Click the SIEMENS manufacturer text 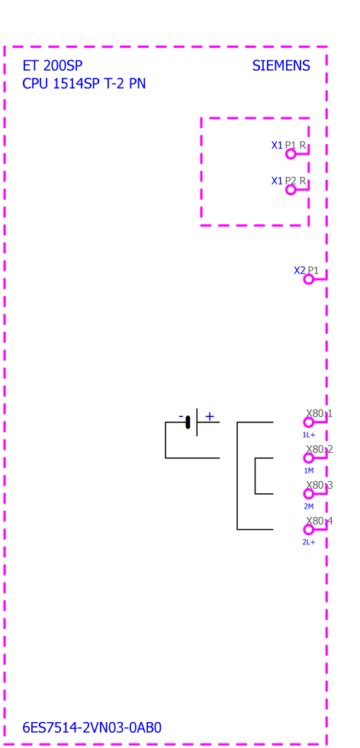click(281, 66)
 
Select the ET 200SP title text click(53, 66)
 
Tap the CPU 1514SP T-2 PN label click(84, 84)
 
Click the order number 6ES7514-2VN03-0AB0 click(92, 727)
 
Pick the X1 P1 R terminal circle click(291, 154)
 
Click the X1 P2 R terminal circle click(291, 190)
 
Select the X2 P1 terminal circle click(309, 279)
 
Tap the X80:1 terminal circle click(309, 422)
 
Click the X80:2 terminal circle click(309, 458)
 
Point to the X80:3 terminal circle click(309, 494)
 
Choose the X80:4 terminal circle click(309, 529)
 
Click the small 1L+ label click(309, 435)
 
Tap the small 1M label click(309, 471)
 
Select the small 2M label click(309, 506)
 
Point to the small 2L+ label click(309, 542)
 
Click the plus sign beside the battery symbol click(210, 416)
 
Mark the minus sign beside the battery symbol click(181, 416)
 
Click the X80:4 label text click(320, 521)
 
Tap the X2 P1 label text click(306, 271)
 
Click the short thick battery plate click(188, 422)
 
